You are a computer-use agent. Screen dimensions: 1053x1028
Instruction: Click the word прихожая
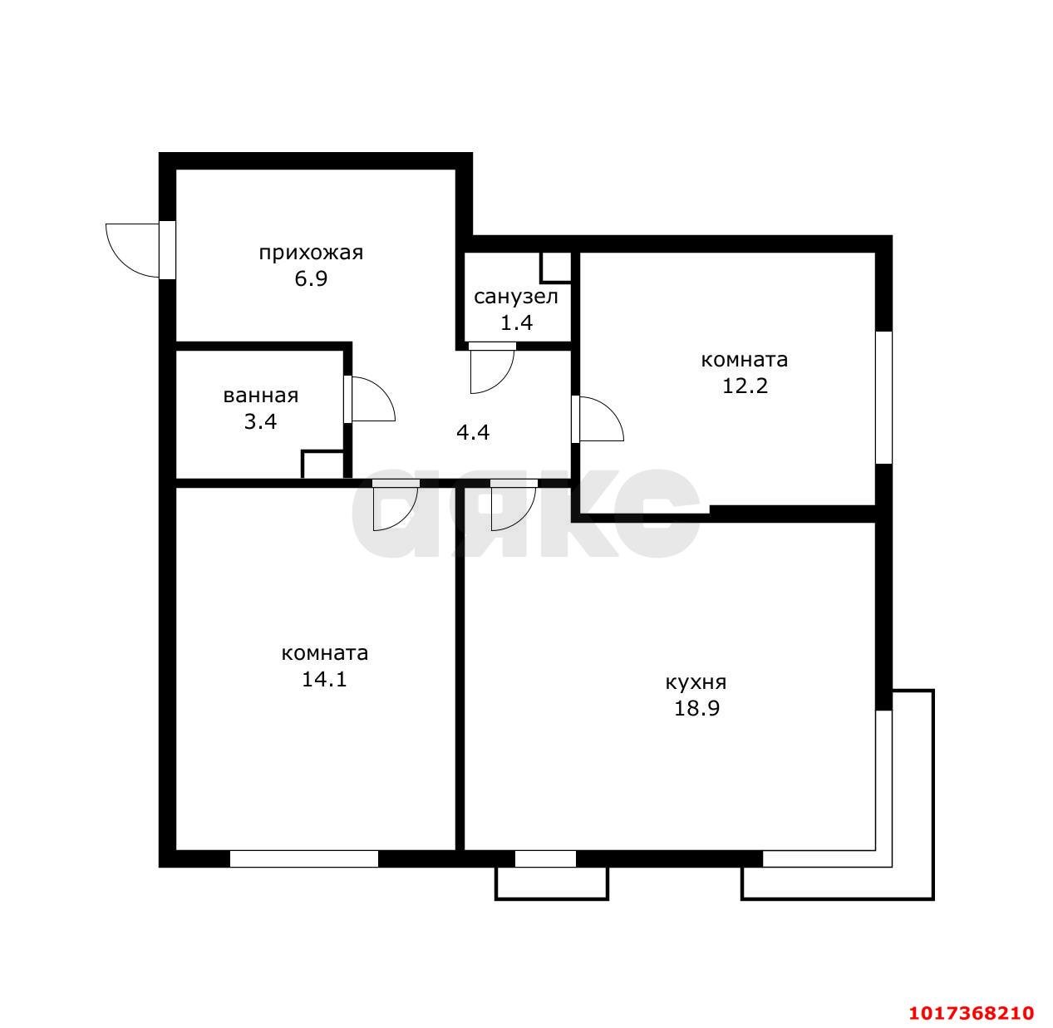click(x=311, y=253)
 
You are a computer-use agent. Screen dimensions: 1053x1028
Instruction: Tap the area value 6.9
click(x=311, y=279)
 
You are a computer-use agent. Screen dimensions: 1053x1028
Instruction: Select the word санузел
click(x=515, y=297)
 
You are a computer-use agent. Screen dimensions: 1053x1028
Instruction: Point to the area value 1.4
click(x=516, y=323)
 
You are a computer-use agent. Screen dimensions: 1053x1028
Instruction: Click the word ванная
click(x=261, y=396)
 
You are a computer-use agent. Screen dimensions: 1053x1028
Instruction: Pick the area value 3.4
click(x=260, y=421)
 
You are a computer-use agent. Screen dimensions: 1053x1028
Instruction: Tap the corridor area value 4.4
click(x=473, y=432)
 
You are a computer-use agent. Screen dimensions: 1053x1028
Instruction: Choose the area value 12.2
click(x=745, y=386)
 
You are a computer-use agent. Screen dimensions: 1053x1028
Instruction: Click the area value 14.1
click(x=324, y=679)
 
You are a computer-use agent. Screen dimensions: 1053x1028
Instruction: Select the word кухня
click(x=696, y=683)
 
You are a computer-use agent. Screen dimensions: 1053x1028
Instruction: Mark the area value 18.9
click(x=696, y=708)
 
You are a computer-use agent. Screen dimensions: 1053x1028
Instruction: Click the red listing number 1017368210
click(x=972, y=1012)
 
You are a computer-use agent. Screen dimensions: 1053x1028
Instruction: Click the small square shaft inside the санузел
click(x=556, y=268)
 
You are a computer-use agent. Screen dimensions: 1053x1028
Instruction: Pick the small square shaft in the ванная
click(x=322, y=465)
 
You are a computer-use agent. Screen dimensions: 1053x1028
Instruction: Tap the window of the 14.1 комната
click(x=304, y=858)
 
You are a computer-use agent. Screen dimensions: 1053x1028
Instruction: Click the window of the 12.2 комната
click(x=883, y=397)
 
